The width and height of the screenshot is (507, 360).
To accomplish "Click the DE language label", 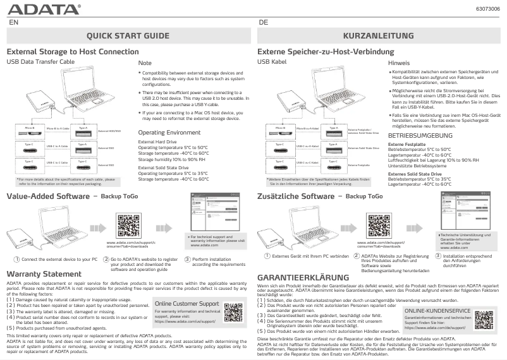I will [x=264, y=21].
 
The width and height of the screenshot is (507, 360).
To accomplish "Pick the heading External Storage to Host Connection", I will [x=72, y=51].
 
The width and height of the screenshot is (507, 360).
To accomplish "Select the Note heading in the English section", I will [x=145, y=64].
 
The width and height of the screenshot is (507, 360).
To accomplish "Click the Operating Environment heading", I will [x=169, y=133].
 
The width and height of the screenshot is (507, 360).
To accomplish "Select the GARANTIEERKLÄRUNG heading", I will [x=303, y=278].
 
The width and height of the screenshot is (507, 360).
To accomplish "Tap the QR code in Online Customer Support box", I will [x=233, y=295].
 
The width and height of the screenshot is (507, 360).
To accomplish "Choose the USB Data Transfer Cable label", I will [x=40, y=63].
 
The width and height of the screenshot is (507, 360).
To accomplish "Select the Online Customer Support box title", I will [x=186, y=286].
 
